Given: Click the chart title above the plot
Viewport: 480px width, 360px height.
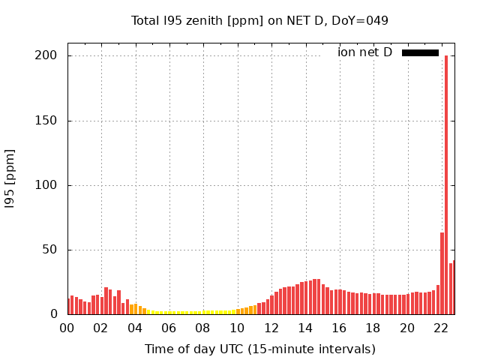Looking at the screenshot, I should coord(259,20).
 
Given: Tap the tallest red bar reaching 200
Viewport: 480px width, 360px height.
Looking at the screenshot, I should coord(446,184).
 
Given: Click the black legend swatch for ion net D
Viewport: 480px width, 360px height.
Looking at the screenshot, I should coord(420,52).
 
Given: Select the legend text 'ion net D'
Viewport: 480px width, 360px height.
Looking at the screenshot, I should coord(364,52).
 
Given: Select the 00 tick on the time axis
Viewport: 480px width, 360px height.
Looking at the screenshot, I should coord(67,328).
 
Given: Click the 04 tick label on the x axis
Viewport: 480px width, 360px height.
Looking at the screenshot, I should coord(135,328).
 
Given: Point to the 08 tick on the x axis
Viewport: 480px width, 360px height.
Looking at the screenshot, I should coord(203,328).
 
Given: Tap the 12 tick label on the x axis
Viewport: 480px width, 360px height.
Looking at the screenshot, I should coord(271,328).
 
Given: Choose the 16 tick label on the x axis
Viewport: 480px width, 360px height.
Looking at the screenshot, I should coord(339,328).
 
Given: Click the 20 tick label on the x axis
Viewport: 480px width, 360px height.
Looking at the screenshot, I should coord(407,328).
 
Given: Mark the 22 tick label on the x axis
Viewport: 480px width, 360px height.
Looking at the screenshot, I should coord(441,328).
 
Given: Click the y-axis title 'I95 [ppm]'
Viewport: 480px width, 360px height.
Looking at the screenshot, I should coord(10,178).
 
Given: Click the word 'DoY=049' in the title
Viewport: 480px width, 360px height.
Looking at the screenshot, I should coord(364,20).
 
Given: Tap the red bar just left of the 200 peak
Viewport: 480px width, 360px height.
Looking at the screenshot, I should coord(442,274).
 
